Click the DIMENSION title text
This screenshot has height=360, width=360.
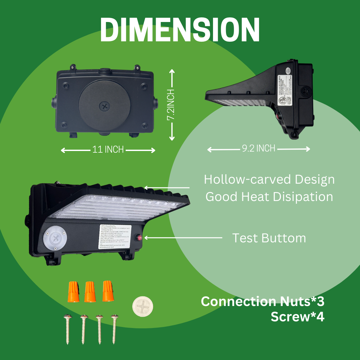pyautogui.click(x=180, y=30)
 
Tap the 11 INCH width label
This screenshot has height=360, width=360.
pyautogui.click(x=108, y=150)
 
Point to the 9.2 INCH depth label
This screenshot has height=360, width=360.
pyautogui.click(x=259, y=148)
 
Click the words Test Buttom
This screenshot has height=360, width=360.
pyautogui.click(x=269, y=238)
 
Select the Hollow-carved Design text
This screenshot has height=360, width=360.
pyautogui.click(x=269, y=179)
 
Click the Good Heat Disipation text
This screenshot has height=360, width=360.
pyautogui.click(x=269, y=197)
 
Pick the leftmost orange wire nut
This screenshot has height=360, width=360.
pyautogui.click(x=74, y=291)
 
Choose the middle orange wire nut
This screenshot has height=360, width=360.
pyautogui.click(x=90, y=292)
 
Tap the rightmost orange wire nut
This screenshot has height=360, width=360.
pyautogui.click(x=108, y=291)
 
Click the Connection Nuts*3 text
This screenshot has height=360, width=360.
pyautogui.click(x=262, y=301)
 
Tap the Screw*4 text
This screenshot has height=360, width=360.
pyautogui.click(x=297, y=317)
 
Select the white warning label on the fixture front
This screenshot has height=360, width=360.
pyautogui.click(x=115, y=237)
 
